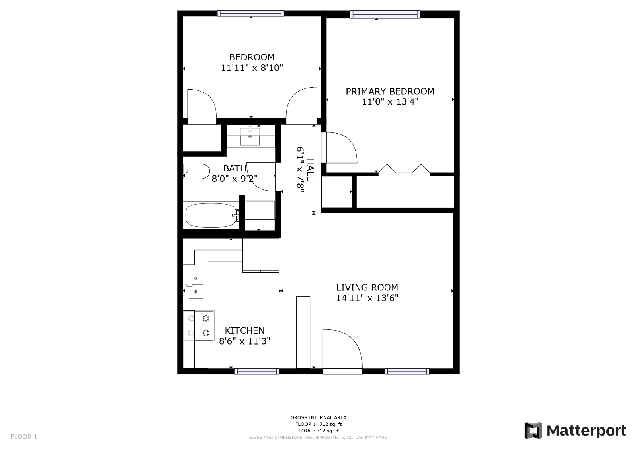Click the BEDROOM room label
252,57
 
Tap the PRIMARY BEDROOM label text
390,92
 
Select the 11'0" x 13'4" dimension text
390,102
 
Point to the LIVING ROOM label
367,288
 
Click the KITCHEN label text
244,331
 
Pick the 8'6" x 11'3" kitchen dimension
244,341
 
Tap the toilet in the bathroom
196,171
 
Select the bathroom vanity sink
250,136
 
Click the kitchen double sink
196,285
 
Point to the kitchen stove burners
199,325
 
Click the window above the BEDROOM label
251,14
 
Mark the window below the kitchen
257,372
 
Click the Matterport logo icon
533,431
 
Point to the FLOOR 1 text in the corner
24,437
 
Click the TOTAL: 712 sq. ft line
318,431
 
